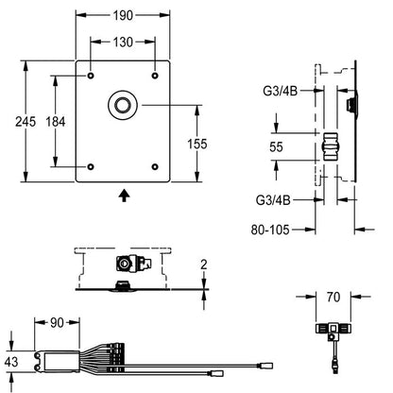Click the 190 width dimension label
[123, 15]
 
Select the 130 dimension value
[123, 42]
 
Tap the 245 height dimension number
[26, 122]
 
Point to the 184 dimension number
[56, 122]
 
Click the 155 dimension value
[197, 144]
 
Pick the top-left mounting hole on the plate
[91, 76]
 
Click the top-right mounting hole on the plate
[155, 76]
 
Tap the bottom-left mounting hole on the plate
[91, 166]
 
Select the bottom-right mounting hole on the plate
[155, 166]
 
